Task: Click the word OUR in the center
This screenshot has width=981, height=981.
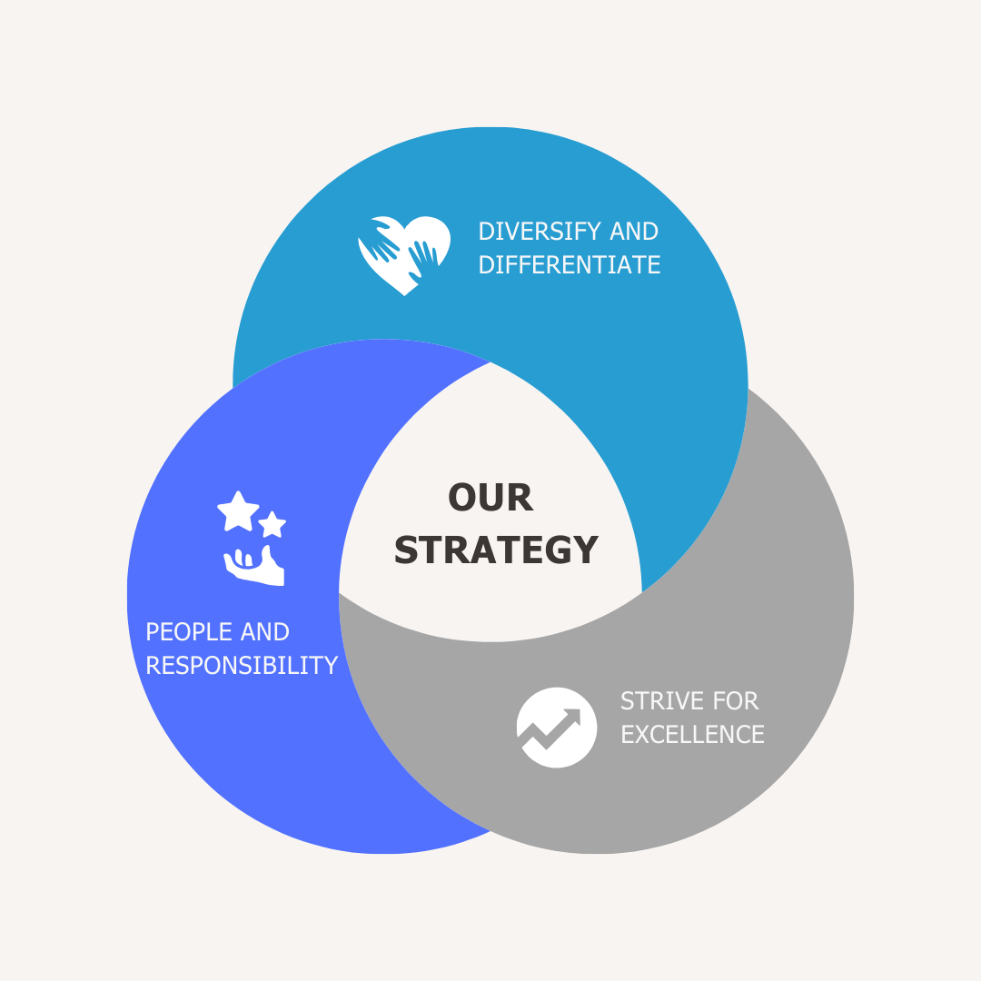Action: tap(490, 498)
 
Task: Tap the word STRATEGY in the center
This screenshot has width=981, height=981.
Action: tap(496, 550)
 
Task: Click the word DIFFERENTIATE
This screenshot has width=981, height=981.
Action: tap(570, 265)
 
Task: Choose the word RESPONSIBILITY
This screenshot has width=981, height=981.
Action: tap(242, 666)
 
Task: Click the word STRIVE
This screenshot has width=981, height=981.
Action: tap(662, 701)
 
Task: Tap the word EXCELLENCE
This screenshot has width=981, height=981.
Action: tap(692, 735)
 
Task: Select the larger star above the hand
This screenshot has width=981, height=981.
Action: tap(238, 511)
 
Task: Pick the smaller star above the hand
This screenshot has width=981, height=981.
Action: tap(272, 524)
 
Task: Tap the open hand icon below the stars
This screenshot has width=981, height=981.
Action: tap(254, 566)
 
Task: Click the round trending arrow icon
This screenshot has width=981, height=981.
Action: tap(557, 728)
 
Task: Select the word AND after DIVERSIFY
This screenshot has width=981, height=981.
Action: tap(634, 232)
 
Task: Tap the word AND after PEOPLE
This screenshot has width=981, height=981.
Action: tap(265, 632)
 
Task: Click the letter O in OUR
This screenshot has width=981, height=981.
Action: tap(461, 498)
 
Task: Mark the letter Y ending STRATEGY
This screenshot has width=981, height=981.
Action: tap(586, 550)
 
